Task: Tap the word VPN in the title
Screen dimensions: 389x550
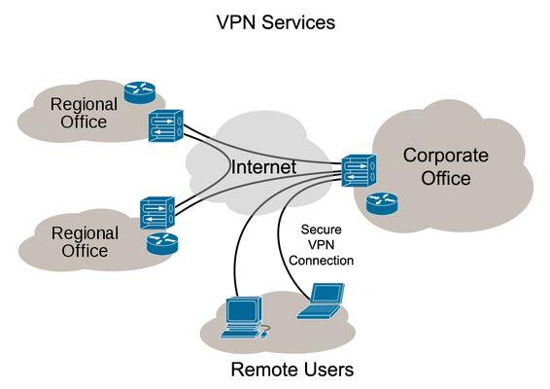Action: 237,21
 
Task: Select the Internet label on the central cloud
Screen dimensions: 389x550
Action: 263,167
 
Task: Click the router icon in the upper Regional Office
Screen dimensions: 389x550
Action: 138,92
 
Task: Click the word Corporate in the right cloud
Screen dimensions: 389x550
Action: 446,156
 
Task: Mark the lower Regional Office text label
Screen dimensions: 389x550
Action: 85,242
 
